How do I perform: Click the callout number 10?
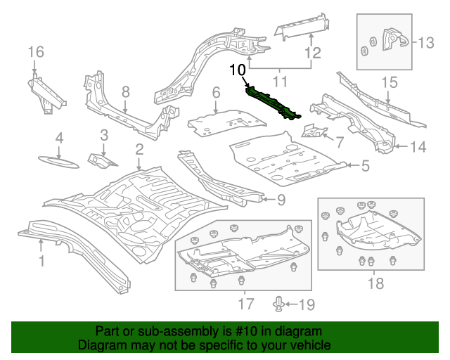(x=238, y=70)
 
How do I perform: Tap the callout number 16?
(x=35, y=51)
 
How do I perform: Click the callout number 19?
(x=307, y=304)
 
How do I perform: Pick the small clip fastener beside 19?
(x=280, y=303)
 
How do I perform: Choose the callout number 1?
(x=41, y=262)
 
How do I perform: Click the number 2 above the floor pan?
(x=139, y=148)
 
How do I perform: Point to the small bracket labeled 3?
(x=100, y=159)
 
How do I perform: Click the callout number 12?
(x=312, y=53)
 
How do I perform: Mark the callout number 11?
(x=281, y=82)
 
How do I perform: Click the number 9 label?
(x=280, y=200)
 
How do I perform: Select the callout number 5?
(x=365, y=166)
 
